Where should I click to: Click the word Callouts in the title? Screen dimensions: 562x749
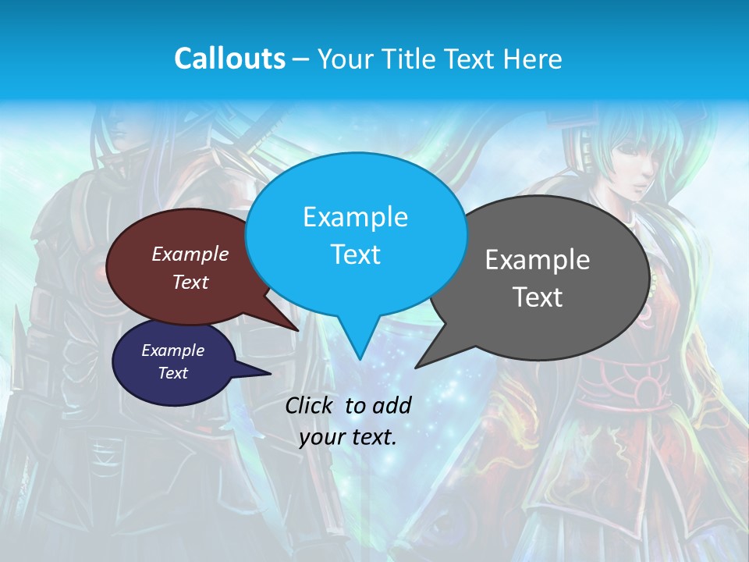(x=229, y=59)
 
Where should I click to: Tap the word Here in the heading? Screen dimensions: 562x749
(x=531, y=59)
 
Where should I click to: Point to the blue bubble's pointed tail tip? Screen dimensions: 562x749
(x=359, y=359)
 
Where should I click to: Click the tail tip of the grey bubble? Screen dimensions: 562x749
(x=416, y=367)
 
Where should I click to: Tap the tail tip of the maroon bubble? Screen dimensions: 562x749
(x=298, y=330)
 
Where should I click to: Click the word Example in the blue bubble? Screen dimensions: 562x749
(x=355, y=217)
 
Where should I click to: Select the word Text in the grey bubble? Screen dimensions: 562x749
(x=538, y=297)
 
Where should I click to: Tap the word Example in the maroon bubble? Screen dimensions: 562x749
(x=190, y=254)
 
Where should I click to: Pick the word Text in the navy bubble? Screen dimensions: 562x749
(x=173, y=373)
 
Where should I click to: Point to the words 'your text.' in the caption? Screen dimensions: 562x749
(x=348, y=437)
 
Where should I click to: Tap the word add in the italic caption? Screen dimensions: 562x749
(x=392, y=405)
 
